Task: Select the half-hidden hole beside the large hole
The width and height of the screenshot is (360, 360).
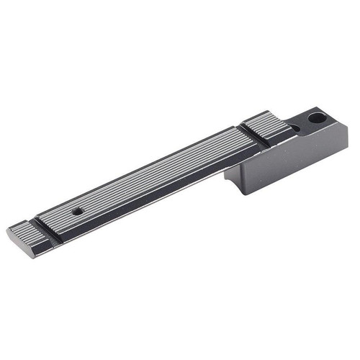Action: click(x=295, y=128)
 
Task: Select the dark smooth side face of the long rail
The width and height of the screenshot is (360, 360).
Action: click(x=144, y=205)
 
